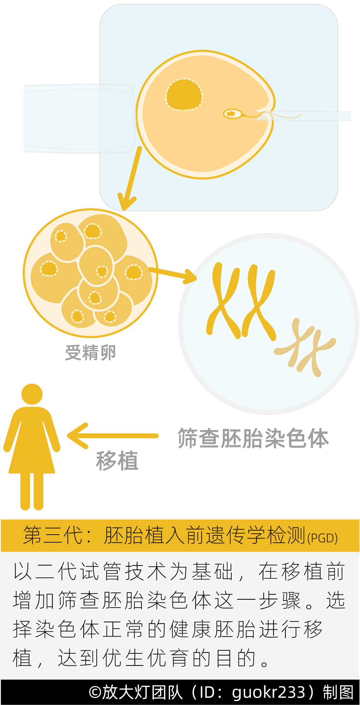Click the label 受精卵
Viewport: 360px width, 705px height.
91,352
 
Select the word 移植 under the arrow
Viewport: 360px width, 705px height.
117,461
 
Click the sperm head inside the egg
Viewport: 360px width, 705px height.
232,113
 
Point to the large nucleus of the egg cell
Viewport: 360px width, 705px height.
184,95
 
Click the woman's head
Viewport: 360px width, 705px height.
32,394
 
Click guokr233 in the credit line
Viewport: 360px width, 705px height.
269,692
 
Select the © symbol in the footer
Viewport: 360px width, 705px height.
94,692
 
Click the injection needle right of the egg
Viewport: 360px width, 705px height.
310,116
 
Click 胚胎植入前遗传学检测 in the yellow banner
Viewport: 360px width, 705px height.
205,535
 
